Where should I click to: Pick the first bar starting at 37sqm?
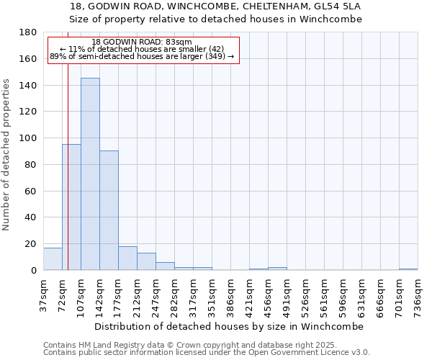click(x=53, y=259)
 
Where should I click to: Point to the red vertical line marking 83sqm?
click(x=68, y=158)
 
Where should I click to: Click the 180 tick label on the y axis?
click(x=28, y=32)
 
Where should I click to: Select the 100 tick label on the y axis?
click(x=28, y=138)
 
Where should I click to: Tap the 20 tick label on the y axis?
click(x=31, y=244)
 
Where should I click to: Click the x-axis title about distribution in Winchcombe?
click(x=229, y=326)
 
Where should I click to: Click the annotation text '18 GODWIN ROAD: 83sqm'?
click(x=142, y=42)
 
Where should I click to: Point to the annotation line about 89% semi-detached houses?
click(x=142, y=56)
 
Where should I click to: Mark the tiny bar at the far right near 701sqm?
click(x=408, y=269)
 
